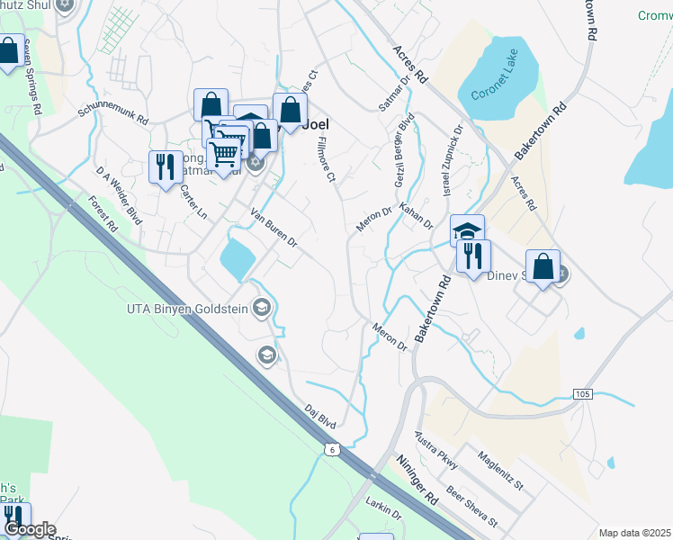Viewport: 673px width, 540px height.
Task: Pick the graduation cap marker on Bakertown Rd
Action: click(x=467, y=230)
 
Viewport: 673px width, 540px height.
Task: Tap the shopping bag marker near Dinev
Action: click(x=543, y=267)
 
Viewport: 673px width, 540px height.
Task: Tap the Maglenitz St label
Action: click(x=501, y=472)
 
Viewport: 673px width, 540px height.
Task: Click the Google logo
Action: click(x=30, y=530)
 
